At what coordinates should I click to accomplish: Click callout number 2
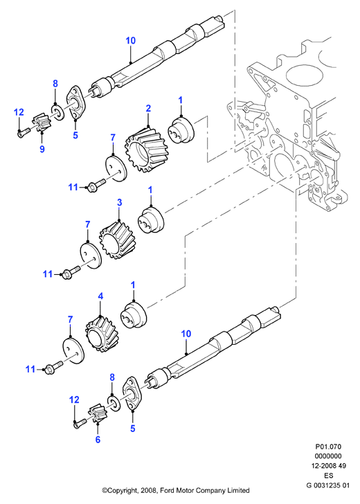pyautogui.click(x=148, y=108)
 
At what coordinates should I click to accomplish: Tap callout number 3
pyautogui.click(x=119, y=202)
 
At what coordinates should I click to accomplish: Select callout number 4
pyautogui.click(x=100, y=296)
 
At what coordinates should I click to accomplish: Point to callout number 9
pyautogui.click(x=42, y=149)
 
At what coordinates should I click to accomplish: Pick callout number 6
pyautogui.click(x=98, y=440)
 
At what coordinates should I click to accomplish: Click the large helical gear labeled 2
pyautogui.click(x=147, y=148)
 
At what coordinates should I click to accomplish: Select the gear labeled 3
pyautogui.click(x=117, y=240)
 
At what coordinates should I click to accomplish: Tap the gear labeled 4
pyautogui.click(x=102, y=334)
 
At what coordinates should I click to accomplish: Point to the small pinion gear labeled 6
pyautogui.click(x=96, y=414)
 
